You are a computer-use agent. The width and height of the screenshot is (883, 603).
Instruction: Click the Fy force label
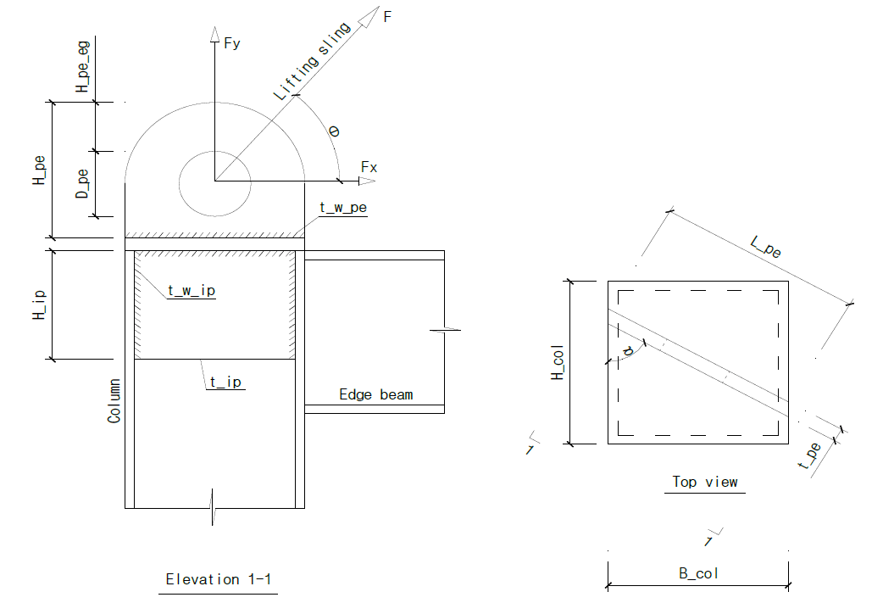[x=232, y=42]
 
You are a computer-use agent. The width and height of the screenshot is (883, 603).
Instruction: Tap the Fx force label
[x=369, y=167]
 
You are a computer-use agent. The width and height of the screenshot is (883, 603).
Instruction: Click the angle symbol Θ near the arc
[x=333, y=132]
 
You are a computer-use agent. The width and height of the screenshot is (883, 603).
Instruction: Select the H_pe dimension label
[x=39, y=170]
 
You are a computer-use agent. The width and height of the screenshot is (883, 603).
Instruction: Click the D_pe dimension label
[x=82, y=183]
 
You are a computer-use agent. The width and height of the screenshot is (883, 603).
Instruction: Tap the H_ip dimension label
[x=39, y=304]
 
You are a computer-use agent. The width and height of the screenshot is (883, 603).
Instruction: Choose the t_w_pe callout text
[x=342, y=206]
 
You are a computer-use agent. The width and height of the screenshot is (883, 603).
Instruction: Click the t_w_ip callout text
[x=192, y=291]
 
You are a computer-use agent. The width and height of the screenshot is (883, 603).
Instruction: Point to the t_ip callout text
[x=225, y=382]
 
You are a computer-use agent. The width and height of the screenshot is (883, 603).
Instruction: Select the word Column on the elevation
[x=114, y=401]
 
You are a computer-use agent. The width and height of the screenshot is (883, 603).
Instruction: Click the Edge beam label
[x=375, y=394]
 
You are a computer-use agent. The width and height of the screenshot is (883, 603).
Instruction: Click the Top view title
[x=704, y=482]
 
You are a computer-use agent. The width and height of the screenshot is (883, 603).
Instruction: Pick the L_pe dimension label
[x=767, y=247]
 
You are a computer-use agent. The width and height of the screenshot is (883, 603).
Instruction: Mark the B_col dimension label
[x=698, y=573]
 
